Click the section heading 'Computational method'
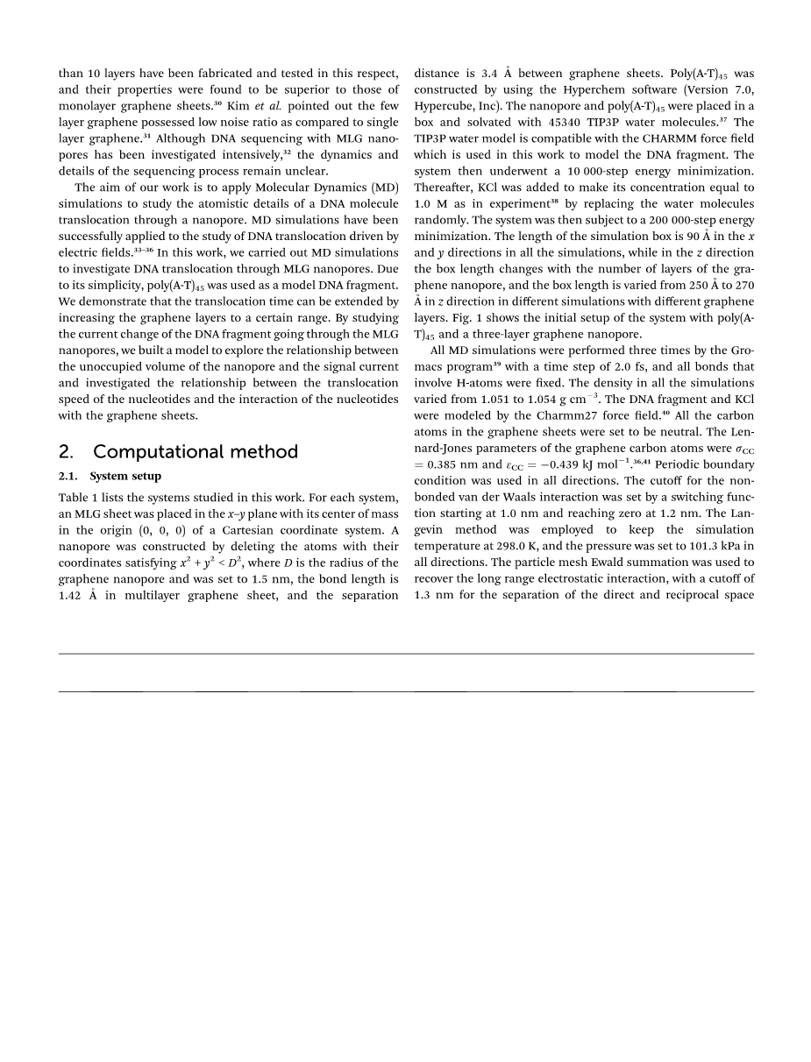point(195,452)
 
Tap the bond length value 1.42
point(73,595)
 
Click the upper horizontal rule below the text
point(406,654)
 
